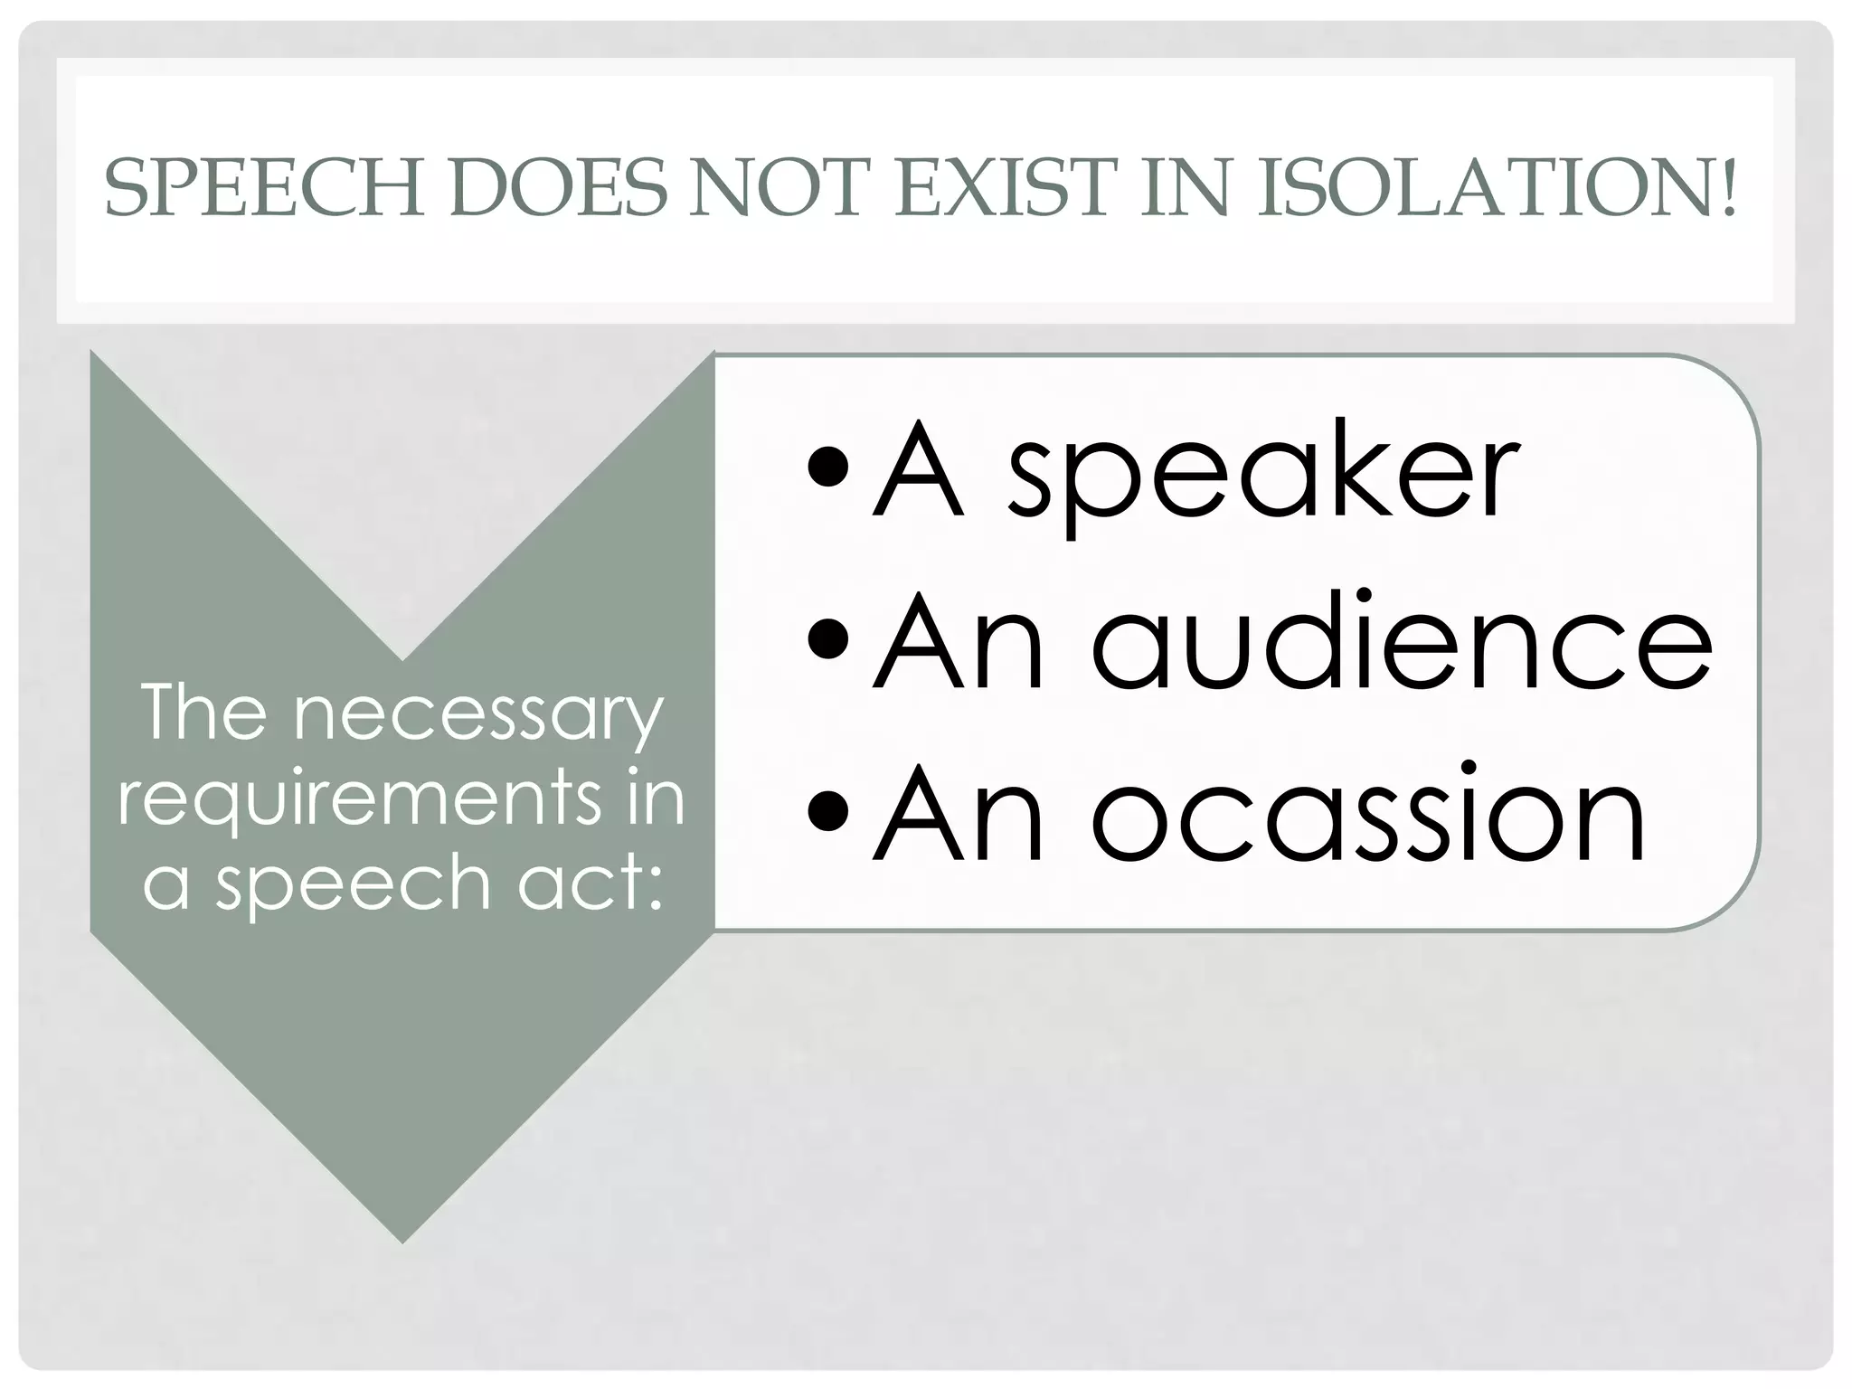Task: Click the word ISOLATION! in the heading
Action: pyautogui.click(x=1497, y=188)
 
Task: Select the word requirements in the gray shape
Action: pyautogui.click(x=360, y=800)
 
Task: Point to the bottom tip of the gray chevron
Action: pyautogui.click(x=402, y=1239)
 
